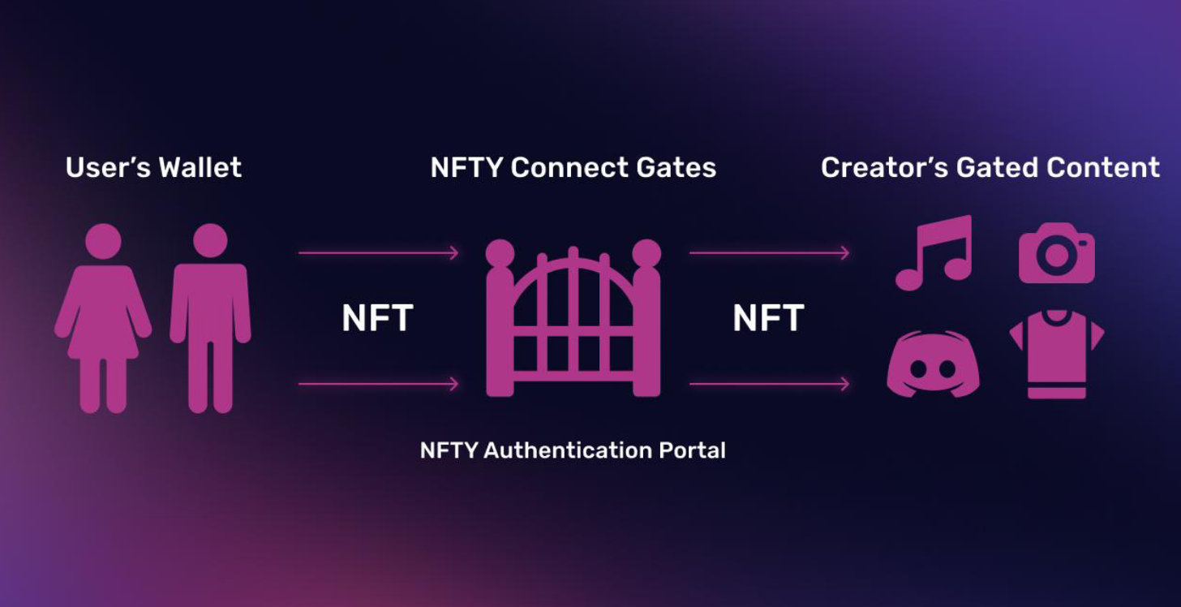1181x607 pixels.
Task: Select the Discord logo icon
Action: click(x=933, y=365)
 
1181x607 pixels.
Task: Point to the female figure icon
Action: click(x=103, y=316)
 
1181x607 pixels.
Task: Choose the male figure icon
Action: click(x=210, y=316)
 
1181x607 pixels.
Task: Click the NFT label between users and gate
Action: click(x=377, y=319)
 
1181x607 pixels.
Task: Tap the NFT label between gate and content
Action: click(x=768, y=319)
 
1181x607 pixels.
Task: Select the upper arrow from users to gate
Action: click(x=378, y=253)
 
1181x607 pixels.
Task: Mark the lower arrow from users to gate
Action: click(x=378, y=384)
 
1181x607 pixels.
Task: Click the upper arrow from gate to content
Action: click(x=769, y=253)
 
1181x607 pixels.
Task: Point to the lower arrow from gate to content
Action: click(x=769, y=384)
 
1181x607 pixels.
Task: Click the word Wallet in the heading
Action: click(x=200, y=168)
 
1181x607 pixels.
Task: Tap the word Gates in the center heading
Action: click(x=676, y=168)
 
